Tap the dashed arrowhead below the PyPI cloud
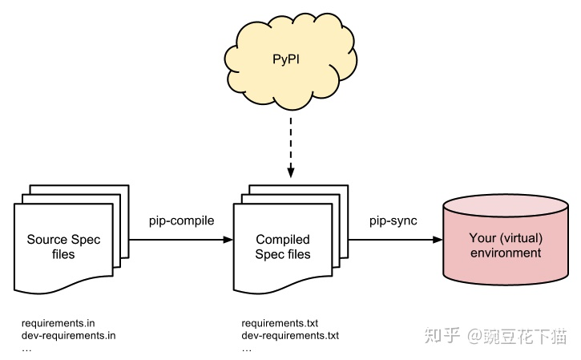click(x=290, y=172)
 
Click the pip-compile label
click(x=182, y=220)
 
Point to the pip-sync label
click(x=393, y=220)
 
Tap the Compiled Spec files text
click(x=282, y=247)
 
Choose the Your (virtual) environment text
click(x=506, y=245)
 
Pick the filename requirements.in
click(x=59, y=323)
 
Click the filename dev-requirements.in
click(x=69, y=335)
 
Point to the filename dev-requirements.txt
click(x=290, y=335)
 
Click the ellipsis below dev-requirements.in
click(x=26, y=348)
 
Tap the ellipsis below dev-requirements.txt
click(x=247, y=348)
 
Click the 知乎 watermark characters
click(x=445, y=336)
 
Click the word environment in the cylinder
click(x=506, y=253)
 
